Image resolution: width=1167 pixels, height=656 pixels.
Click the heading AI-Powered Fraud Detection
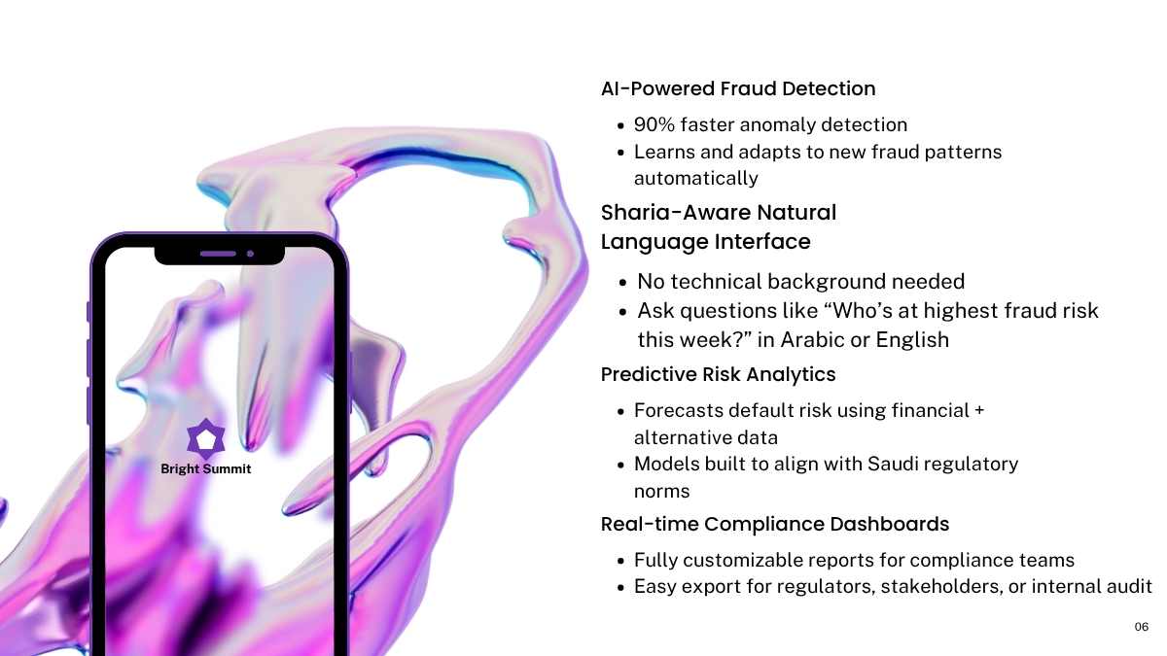[738, 88]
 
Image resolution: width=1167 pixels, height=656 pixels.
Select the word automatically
[696, 179]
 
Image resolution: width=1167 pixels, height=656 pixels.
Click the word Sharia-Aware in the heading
[676, 213]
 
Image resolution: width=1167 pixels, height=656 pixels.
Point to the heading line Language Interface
[705, 242]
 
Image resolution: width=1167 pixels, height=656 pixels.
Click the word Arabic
[812, 340]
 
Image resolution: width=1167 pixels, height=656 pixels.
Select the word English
[912, 340]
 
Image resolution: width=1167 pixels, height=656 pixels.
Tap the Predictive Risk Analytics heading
[718, 374]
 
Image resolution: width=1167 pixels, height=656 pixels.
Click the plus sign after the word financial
[979, 410]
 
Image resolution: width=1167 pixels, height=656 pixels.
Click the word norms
[661, 492]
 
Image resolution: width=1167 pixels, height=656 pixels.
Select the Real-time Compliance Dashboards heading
[775, 524]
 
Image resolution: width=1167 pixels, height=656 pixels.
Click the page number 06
[1141, 627]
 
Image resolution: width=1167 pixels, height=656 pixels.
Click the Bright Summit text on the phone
[206, 469]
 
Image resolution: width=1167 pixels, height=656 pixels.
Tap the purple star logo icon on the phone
[206, 438]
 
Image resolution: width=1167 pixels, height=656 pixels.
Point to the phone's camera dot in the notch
[250, 254]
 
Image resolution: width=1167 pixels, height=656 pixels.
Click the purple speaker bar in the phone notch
[218, 254]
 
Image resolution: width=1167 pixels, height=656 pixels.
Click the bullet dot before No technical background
[622, 283]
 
